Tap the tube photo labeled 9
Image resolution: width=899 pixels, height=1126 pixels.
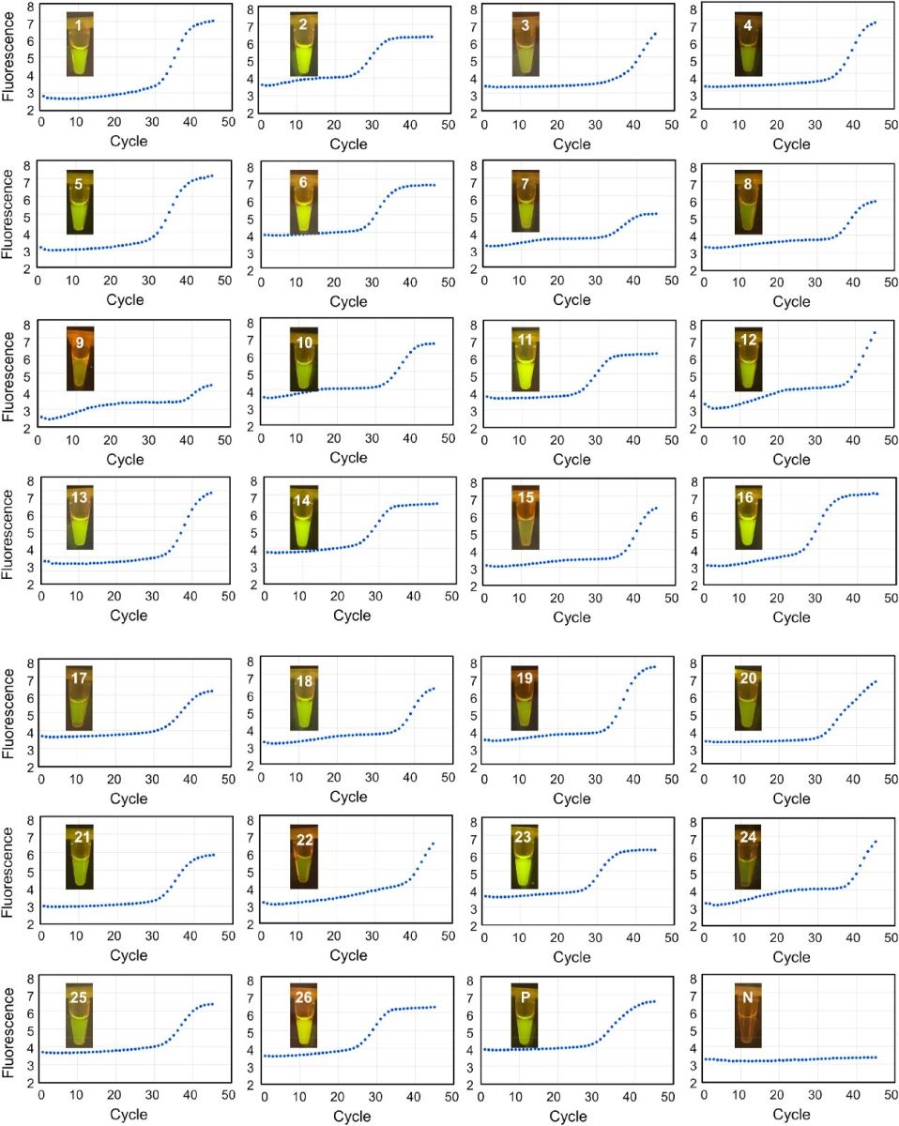[81, 358]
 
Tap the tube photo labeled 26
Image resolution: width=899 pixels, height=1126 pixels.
[304, 1013]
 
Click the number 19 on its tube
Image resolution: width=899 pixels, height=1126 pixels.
[525, 678]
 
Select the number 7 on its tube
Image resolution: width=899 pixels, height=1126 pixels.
[526, 183]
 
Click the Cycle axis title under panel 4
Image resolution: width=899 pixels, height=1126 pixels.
[791, 144]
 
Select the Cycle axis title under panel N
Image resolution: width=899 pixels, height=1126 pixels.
[791, 1116]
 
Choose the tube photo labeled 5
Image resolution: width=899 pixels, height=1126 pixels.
[81, 201]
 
